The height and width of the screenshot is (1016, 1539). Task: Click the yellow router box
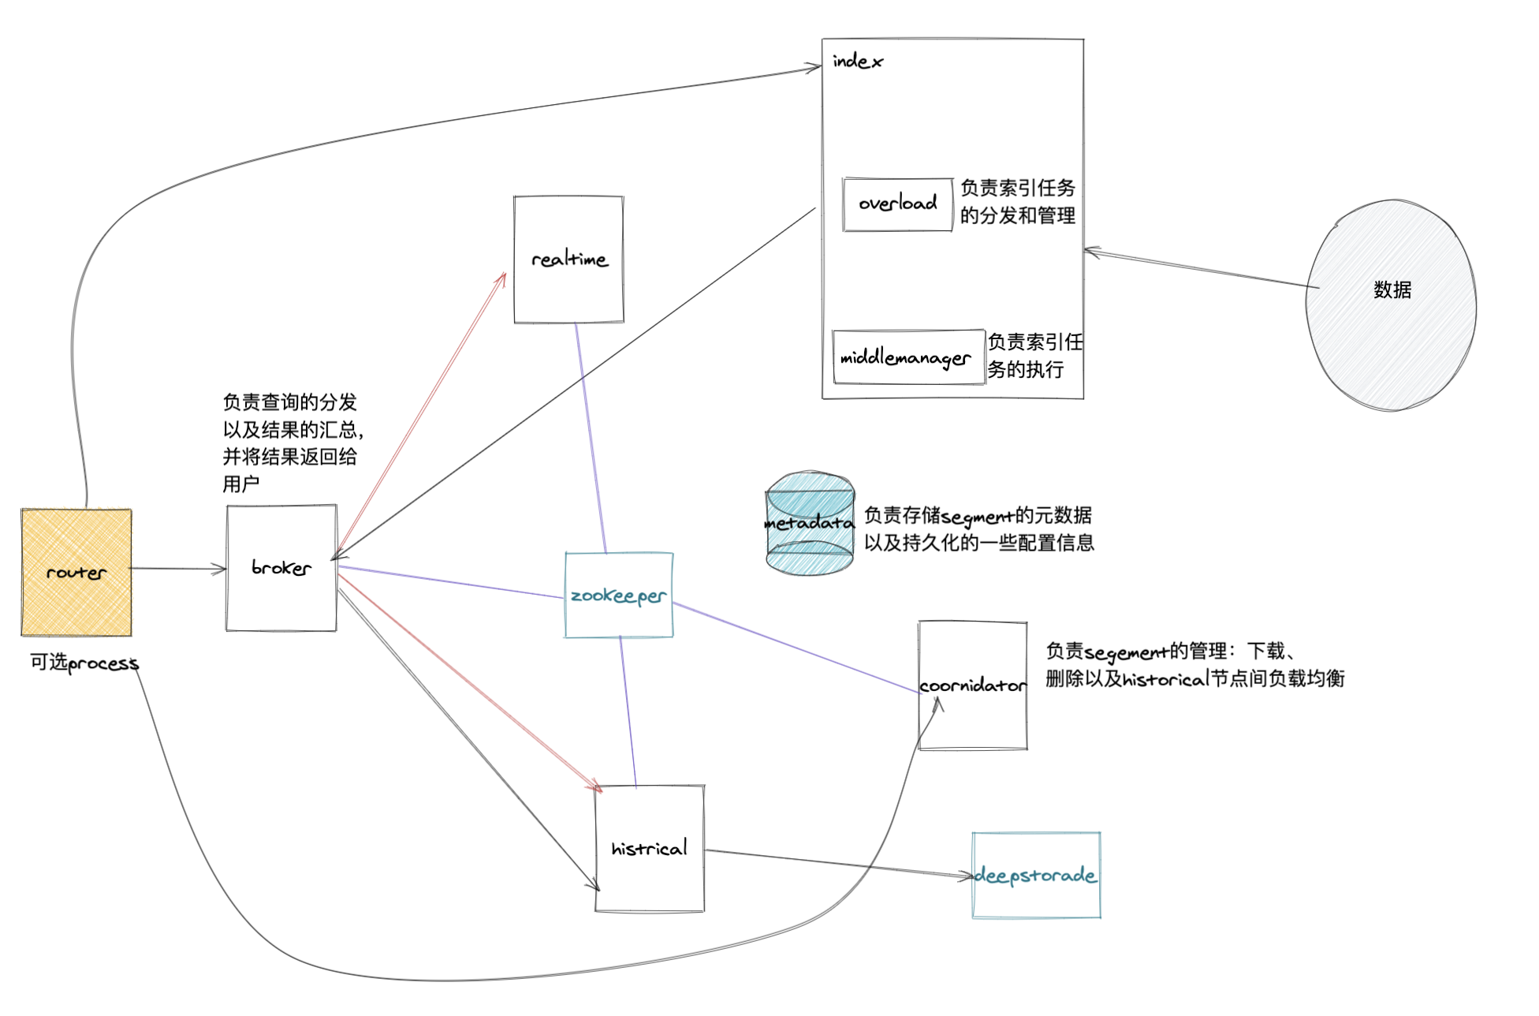76,572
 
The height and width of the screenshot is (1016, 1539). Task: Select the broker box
281,568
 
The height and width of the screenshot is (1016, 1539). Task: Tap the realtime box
568,260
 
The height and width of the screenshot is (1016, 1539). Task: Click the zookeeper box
619,596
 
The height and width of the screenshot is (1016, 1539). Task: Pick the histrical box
650,849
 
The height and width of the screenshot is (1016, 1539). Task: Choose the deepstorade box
1036,876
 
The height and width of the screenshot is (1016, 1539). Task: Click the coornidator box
973,685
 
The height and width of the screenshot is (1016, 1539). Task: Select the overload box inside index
898,204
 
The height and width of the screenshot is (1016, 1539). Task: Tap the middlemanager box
907,357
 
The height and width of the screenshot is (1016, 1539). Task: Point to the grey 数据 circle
1392,305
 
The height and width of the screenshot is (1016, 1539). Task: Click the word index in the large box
857,62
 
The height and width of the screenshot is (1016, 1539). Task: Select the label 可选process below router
84,663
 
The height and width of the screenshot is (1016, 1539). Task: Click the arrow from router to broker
178,568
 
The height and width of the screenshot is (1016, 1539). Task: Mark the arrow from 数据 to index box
1198,269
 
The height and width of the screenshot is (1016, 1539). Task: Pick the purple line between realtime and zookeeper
591,438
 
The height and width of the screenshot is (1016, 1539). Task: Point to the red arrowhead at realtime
502,278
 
